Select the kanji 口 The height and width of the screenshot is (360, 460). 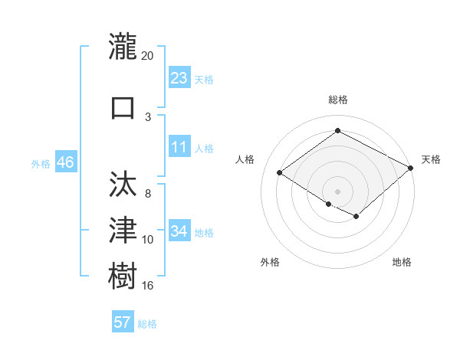(x=123, y=106)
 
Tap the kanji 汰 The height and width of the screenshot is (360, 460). (x=123, y=185)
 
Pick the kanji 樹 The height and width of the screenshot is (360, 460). (x=123, y=273)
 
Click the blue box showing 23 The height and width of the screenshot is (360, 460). (x=179, y=78)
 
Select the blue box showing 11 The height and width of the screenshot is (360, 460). (x=179, y=148)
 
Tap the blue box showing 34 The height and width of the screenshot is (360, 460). (x=179, y=231)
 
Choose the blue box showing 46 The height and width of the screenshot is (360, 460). (x=65, y=162)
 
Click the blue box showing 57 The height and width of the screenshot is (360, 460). (x=123, y=322)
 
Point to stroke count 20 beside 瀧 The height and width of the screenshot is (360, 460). (x=148, y=56)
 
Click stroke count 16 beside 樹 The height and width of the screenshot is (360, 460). (x=148, y=285)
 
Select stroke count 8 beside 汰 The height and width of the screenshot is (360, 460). (x=148, y=194)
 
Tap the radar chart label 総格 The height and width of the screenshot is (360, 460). (x=338, y=100)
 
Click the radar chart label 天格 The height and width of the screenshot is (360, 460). (x=431, y=159)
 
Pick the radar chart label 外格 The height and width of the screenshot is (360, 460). (x=269, y=262)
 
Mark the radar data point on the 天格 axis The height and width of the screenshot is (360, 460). (x=412, y=168)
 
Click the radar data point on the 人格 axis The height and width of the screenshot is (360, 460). (x=280, y=173)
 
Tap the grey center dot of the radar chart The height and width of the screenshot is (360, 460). (x=337, y=191)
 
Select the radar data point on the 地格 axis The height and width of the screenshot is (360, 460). (x=356, y=217)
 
